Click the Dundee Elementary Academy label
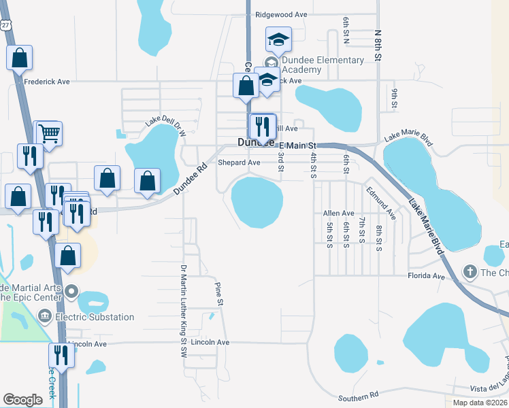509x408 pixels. pos(323,65)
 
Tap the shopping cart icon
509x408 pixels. pos(48,134)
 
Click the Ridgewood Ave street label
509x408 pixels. pos(281,14)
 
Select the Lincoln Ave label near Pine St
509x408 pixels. pos(210,342)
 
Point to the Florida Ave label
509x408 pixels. pos(426,277)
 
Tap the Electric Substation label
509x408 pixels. pos(95,317)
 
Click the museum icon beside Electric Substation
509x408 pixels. pos(45,316)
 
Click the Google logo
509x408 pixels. pos(22,400)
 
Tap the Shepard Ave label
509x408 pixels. pos(239,163)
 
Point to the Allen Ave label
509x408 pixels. pos(338,214)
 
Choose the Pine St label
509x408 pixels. pos(219,293)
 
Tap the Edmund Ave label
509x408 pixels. pos(380,203)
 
